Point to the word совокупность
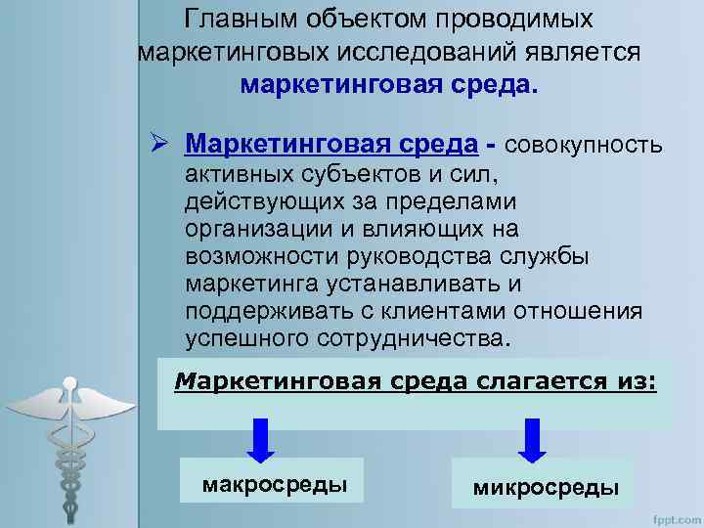(x=584, y=146)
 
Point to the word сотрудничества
(x=411, y=338)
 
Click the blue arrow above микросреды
(x=531, y=440)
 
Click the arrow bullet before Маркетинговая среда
(x=163, y=146)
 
